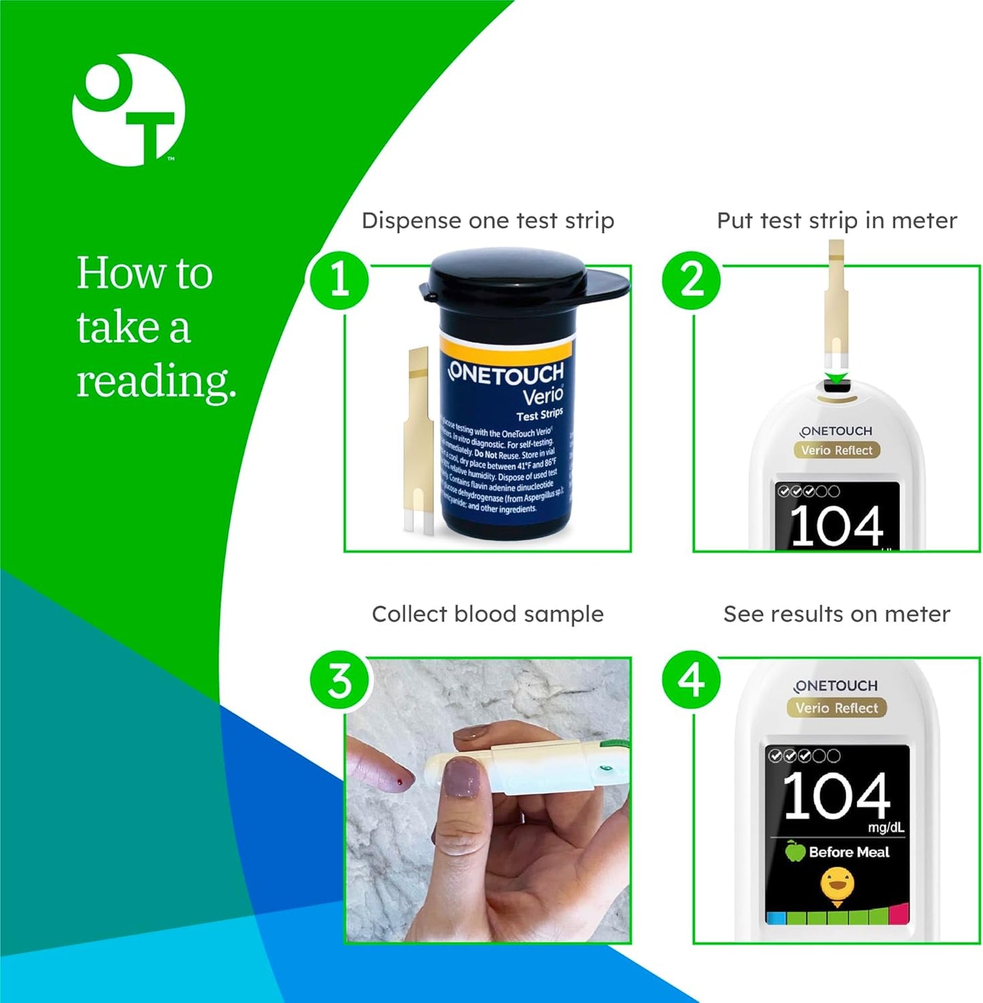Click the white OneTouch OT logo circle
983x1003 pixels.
pyautogui.click(x=128, y=110)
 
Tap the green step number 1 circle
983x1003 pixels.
pyautogui.click(x=339, y=280)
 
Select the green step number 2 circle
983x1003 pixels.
pyautogui.click(x=691, y=280)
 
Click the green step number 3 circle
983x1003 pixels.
pyautogui.click(x=339, y=681)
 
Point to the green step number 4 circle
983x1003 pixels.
pyautogui.click(x=691, y=681)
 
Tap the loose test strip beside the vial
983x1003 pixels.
pyautogui.click(x=418, y=439)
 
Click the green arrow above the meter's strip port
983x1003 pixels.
pyautogui.click(x=837, y=378)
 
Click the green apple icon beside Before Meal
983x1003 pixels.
pyautogui.click(x=795, y=851)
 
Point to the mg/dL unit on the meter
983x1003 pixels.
pyautogui.click(x=885, y=828)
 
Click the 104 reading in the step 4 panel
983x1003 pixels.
pyautogui.click(x=836, y=796)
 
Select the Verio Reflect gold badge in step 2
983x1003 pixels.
pyautogui.click(x=836, y=450)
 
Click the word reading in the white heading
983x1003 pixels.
pyautogui.click(x=156, y=381)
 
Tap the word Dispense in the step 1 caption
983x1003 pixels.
pyautogui.click(x=411, y=221)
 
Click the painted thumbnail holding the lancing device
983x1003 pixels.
pyautogui.click(x=461, y=779)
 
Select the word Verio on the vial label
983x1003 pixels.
pyautogui.click(x=542, y=395)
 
